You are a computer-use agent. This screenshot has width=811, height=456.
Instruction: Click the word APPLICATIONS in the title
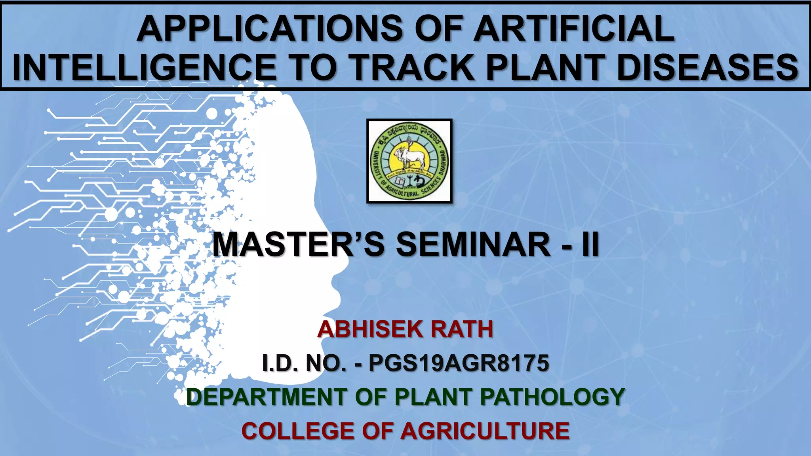click(269, 28)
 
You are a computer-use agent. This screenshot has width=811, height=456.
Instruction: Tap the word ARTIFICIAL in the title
click(574, 28)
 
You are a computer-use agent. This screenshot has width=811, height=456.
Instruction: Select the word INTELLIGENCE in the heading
click(144, 67)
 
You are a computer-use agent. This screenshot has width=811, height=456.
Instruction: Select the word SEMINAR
click(473, 244)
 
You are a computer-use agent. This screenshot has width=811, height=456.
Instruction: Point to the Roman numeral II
click(590, 244)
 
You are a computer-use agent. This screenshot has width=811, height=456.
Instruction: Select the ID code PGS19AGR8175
click(459, 363)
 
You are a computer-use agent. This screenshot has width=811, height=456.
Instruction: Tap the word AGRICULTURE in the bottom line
click(485, 431)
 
